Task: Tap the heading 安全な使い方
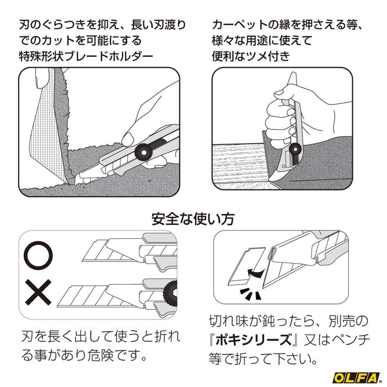point(193,218)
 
